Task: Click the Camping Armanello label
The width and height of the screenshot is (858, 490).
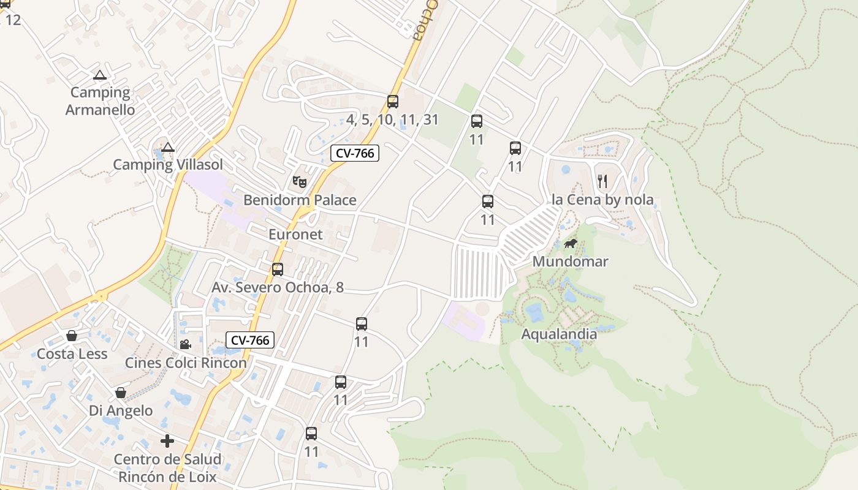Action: pyautogui.click(x=100, y=101)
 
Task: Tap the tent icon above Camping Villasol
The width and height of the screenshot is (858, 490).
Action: pyautogui.click(x=168, y=148)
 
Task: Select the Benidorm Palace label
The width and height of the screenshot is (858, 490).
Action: pyautogui.click(x=300, y=200)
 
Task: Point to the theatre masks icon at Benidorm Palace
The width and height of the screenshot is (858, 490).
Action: pyautogui.click(x=300, y=181)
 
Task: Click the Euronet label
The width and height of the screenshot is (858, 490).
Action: pyautogui.click(x=295, y=235)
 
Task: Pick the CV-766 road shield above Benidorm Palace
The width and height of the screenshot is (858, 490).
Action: pyautogui.click(x=355, y=153)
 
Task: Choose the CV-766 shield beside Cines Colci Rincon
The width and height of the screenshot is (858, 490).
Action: pyautogui.click(x=249, y=340)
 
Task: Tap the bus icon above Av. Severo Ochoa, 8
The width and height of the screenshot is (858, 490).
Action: pyautogui.click(x=278, y=269)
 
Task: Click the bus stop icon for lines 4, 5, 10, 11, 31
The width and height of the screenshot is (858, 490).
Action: pyautogui.click(x=393, y=102)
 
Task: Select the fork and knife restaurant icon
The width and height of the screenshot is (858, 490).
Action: pyautogui.click(x=602, y=181)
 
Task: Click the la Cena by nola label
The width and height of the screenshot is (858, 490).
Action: pyautogui.click(x=602, y=200)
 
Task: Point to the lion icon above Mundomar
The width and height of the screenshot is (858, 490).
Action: pyautogui.click(x=571, y=244)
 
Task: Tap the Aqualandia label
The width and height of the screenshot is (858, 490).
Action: pyautogui.click(x=559, y=334)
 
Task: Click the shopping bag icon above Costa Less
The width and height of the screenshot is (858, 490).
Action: pyautogui.click(x=72, y=336)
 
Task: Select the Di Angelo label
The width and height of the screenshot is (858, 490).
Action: pyautogui.click(x=121, y=410)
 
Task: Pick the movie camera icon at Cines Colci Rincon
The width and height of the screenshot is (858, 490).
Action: pyautogui.click(x=185, y=344)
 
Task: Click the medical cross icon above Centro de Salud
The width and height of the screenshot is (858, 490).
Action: pyautogui.click(x=167, y=441)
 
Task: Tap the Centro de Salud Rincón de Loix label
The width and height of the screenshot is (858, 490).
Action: pyautogui.click(x=168, y=468)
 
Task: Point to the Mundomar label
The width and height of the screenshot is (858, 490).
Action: pyautogui.click(x=570, y=262)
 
